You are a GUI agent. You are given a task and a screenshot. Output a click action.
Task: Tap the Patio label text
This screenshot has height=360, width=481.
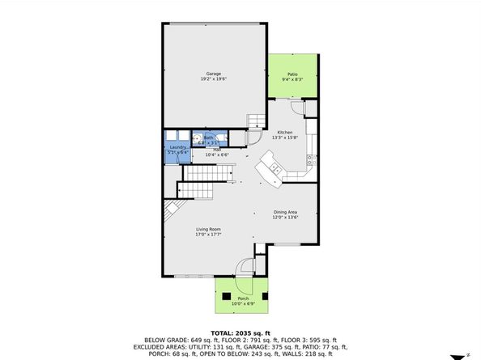[292, 74]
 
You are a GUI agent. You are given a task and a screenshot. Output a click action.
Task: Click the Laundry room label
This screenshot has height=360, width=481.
[177, 146]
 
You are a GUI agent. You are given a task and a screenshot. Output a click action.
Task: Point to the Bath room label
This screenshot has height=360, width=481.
[208, 138]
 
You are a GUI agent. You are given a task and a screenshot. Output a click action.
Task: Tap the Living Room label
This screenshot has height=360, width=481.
[207, 229]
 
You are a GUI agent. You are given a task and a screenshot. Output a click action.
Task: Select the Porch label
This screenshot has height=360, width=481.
[243, 299]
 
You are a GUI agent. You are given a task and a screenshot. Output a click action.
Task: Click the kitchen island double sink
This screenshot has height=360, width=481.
[275, 169]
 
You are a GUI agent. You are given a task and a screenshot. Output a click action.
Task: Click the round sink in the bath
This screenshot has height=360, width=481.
[196, 138]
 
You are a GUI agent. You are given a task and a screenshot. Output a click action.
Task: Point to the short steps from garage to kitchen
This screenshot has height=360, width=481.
[256, 121]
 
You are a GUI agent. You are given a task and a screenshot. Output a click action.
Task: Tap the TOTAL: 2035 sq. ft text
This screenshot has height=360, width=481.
[240, 332]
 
